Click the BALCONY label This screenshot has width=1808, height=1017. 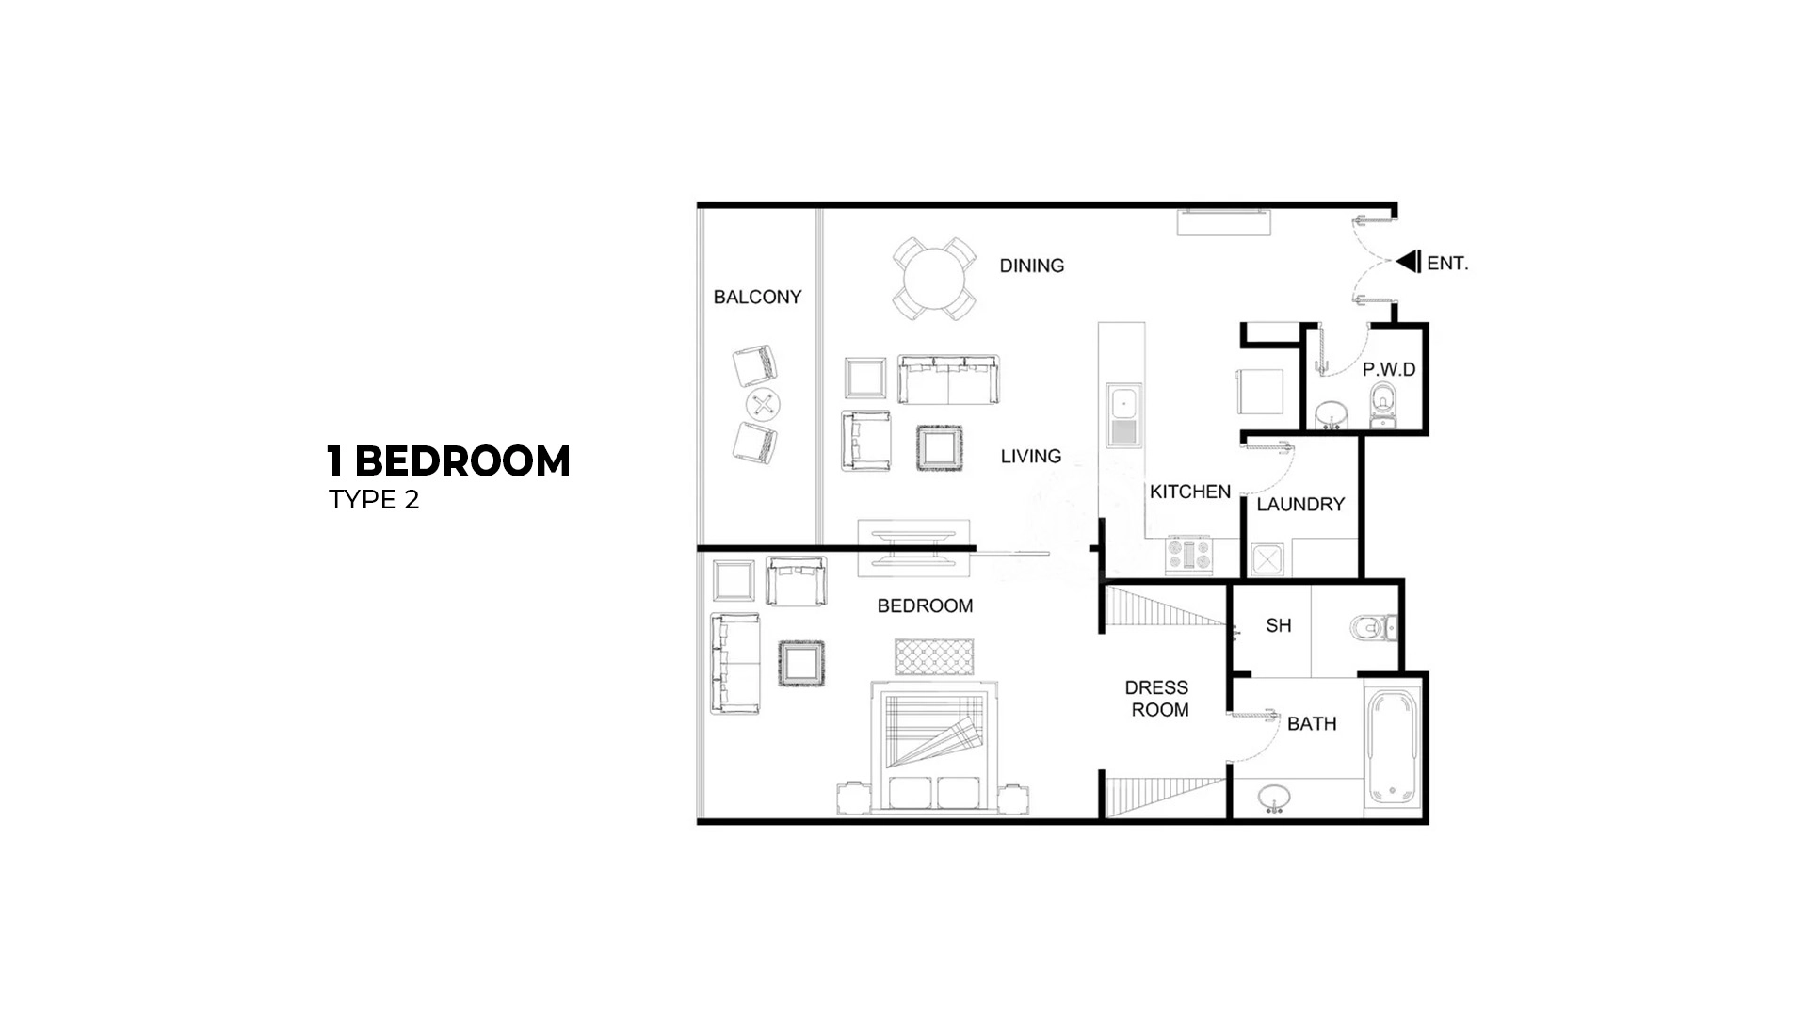click(757, 298)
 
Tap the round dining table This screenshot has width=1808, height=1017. click(933, 279)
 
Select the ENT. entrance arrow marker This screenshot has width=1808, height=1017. click(1410, 262)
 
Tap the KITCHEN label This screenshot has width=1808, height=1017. click(1189, 492)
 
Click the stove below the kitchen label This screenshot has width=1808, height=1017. click(1190, 555)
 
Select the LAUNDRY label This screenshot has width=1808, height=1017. click(1299, 505)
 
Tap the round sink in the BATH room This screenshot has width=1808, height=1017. click(1275, 799)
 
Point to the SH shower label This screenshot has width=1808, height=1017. click(1278, 625)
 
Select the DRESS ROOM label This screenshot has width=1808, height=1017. click(1158, 699)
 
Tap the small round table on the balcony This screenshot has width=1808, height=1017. click(763, 406)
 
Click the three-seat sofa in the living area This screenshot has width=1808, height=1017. click(947, 379)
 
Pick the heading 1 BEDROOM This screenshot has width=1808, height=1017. click(448, 461)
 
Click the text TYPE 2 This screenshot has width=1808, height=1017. click(374, 500)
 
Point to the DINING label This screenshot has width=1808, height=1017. click(1031, 266)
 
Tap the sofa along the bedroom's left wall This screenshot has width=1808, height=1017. click(734, 663)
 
